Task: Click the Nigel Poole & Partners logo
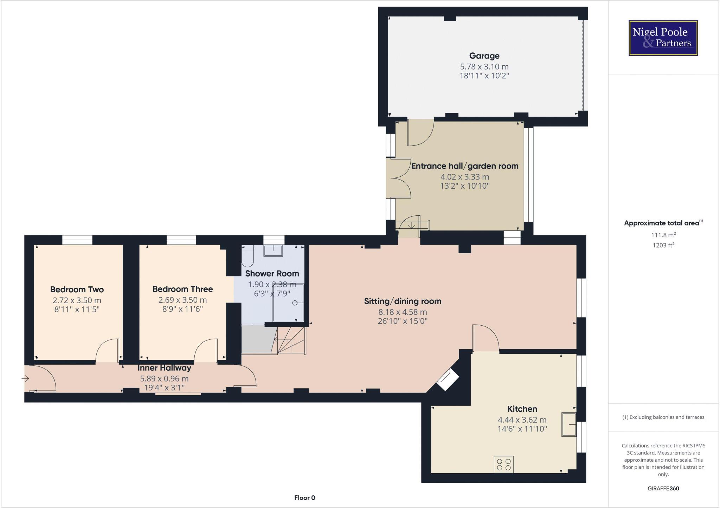tap(663, 38)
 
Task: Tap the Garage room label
tap(484, 56)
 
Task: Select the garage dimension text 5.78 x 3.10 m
tap(484, 66)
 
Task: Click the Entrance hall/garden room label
tap(465, 166)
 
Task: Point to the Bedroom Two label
tap(77, 289)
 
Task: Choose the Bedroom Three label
tap(182, 289)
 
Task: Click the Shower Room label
tap(272, 273)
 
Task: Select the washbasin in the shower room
tap(273, 251)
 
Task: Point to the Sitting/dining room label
tap(403, 301)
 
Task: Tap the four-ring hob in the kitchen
tap(503, 464)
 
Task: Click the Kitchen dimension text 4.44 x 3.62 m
tap(522, 419)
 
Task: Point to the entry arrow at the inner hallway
tap(25, 378)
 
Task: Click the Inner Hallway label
tap(164, 368)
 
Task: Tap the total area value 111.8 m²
tap(663, 235)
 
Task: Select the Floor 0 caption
tap(304, 497)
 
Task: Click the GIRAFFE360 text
tap(663, 488)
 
